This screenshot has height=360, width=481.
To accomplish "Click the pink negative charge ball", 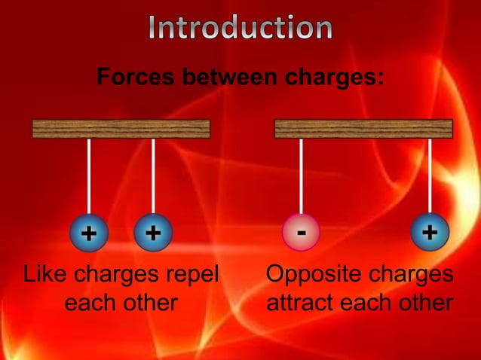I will [x=301, y=233].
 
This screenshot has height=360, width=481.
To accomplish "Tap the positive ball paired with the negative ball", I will [x=430, y=233].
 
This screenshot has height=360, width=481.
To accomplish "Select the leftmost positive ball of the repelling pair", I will [x=89, y=233].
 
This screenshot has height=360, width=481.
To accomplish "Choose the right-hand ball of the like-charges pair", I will [x=153, y=233].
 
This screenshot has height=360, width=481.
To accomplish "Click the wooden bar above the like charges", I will [x=121, y=129].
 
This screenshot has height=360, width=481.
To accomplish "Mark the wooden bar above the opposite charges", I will [x=363, y=129].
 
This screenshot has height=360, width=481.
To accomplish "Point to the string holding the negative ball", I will [x=301, y=177].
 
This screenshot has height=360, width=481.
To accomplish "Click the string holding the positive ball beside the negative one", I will [x=430, y=177].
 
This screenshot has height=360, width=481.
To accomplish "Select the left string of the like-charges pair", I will [x=89, y=177].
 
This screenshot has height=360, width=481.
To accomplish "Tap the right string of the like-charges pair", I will [x=153, y=177].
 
